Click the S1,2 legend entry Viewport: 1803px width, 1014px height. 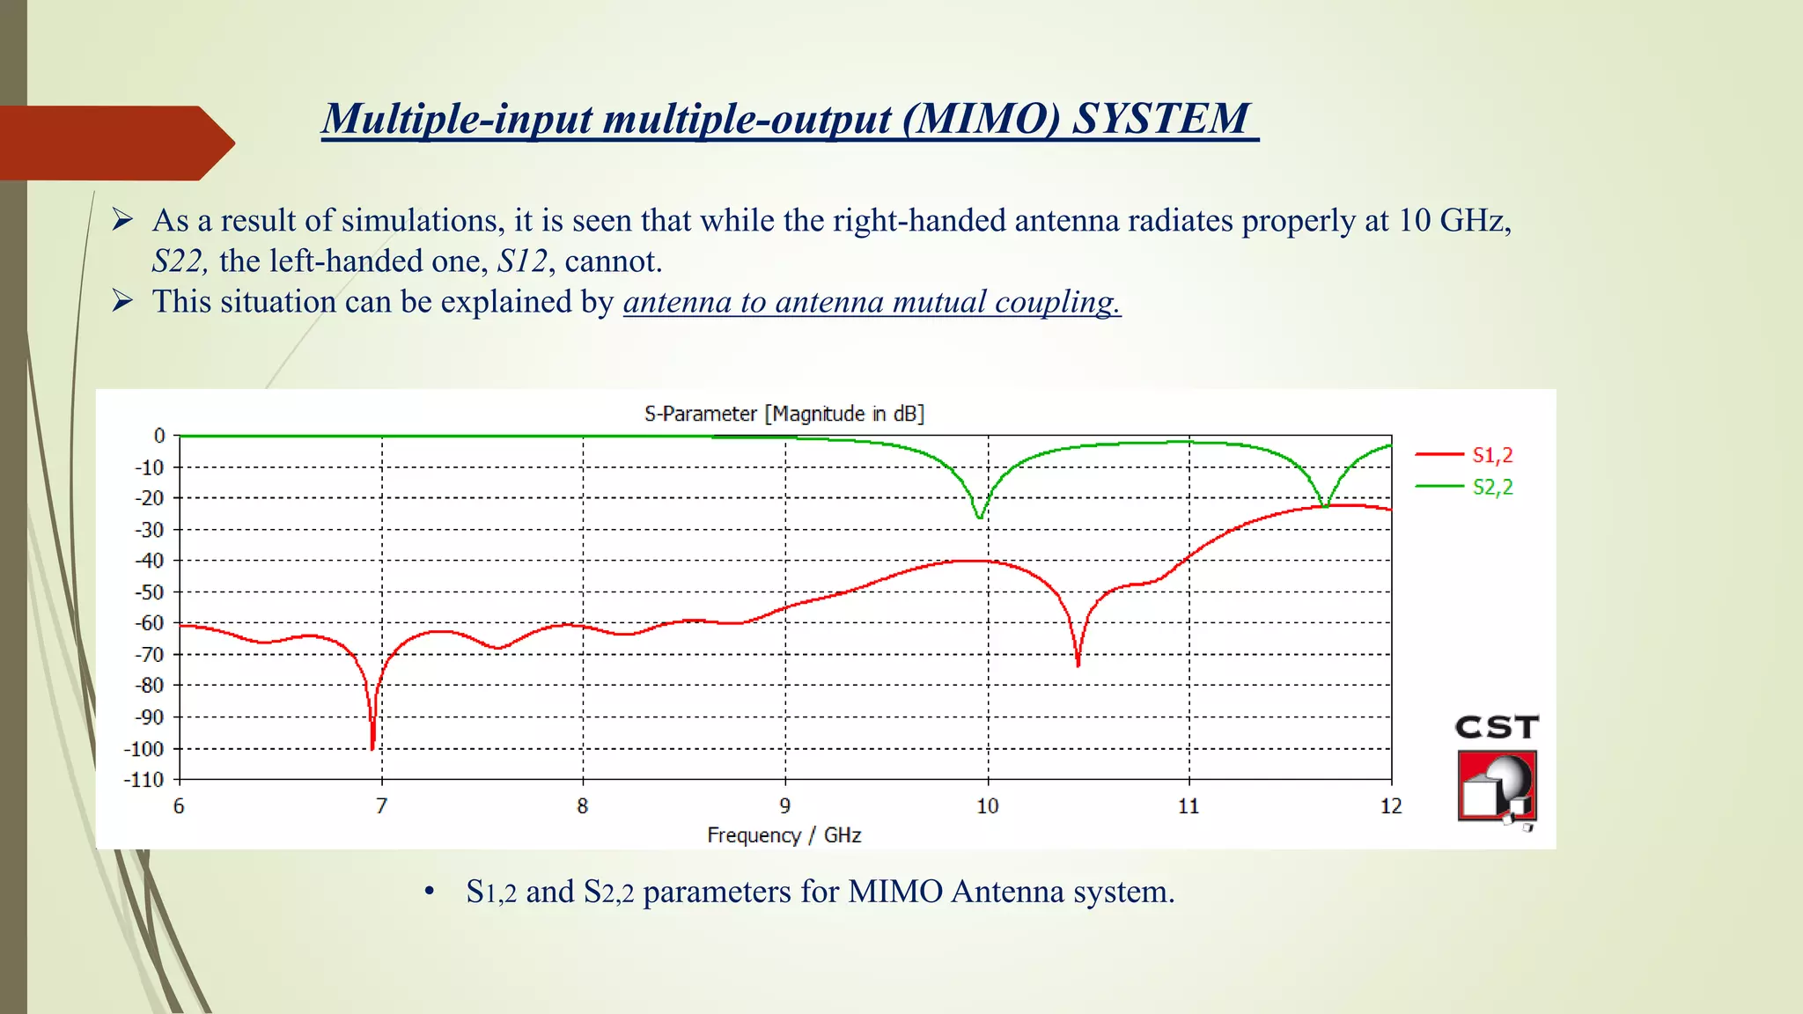coord(1491,455)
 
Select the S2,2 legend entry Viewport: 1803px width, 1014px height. coord(1491,487)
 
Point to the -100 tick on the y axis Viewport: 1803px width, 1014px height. coord(144,749)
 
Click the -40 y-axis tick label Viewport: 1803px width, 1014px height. coord(149,561)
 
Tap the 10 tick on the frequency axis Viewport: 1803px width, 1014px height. coord(987,806)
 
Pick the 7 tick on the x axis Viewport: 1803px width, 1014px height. coord(381,806)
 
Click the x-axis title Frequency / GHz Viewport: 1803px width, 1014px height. coord(784,835)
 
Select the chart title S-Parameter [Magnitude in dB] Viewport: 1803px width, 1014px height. coord(784,414)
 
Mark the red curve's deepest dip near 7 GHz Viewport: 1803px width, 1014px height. coord(372,747)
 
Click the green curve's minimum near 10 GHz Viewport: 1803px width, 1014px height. coord(979,517)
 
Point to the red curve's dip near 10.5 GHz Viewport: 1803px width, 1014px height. coord(1078,664)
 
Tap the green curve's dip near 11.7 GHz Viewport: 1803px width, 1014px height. coord(1324,505)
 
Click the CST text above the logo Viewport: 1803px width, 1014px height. coord(1497,727)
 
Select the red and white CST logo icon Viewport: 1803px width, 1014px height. coord(1497,786)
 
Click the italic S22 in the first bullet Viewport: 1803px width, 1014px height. coord(179,261)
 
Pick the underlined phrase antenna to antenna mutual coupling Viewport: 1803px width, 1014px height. coord(872,302)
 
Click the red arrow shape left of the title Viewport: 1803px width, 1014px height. coord(114,143)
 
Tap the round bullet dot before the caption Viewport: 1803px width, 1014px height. coord(430,892)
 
